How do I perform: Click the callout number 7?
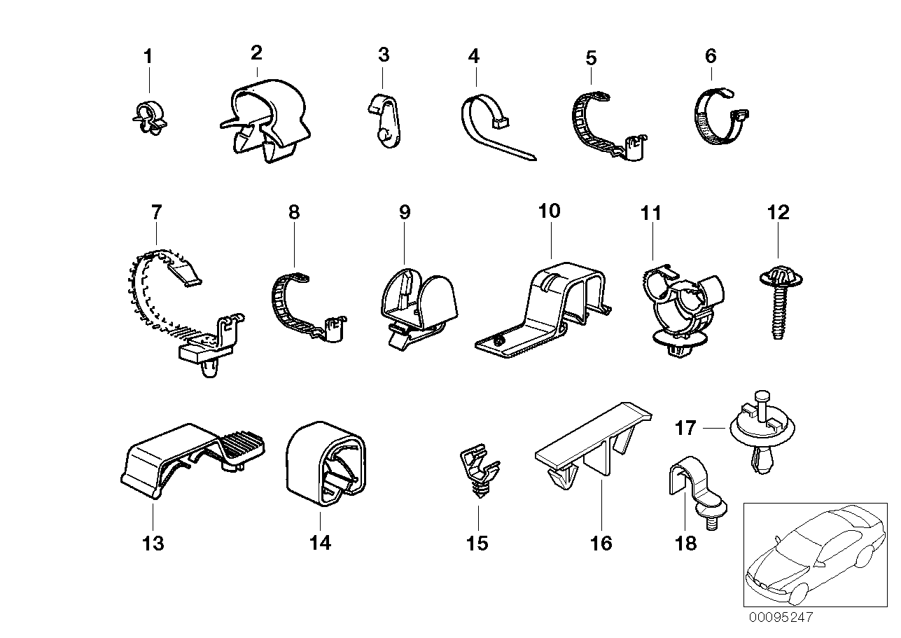coord(155,211)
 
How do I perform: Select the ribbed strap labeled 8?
coord(305,309)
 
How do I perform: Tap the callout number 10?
coord(550,211)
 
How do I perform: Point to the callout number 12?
coord(778,212)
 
